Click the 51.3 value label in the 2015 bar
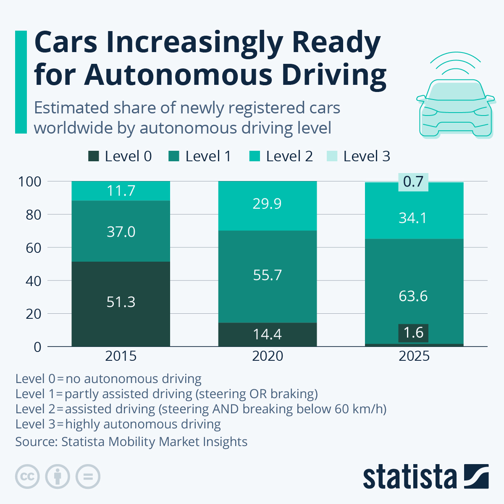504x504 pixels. pos(121,302)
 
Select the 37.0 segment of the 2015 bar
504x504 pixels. pos(121,232)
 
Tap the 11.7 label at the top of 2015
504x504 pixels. pos(121,191)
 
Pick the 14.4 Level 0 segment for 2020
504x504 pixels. pos(268,334)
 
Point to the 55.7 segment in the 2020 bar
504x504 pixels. pos(268,276)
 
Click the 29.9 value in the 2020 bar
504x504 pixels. pos(267,204)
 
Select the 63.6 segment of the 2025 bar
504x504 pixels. pos(413,297)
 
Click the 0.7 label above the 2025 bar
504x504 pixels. pos(413,182)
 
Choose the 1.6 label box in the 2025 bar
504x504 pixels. pos(414,333)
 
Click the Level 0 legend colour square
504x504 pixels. pos(93,157)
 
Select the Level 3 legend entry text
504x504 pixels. pos(367,157)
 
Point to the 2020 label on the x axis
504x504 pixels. pos(268,356)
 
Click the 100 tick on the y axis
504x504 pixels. pos(29,182)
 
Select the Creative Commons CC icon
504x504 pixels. pos(28,477)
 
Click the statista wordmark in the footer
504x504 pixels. pos(410,477)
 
